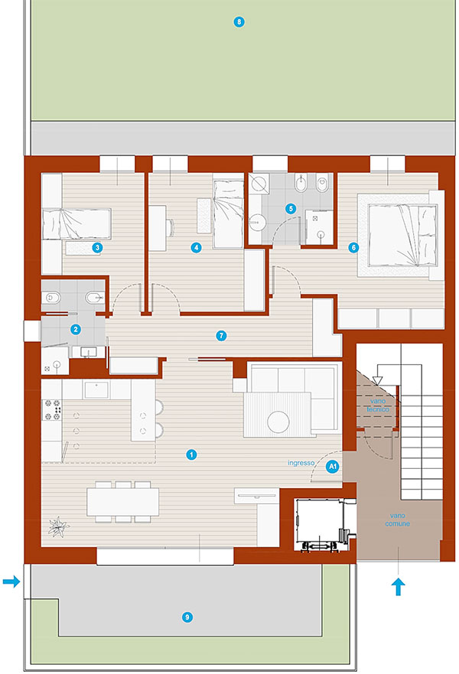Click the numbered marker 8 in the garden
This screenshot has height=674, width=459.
239,22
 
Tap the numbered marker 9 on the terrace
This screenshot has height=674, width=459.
187,617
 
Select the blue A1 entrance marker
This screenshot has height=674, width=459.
332,467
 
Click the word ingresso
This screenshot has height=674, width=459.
301,463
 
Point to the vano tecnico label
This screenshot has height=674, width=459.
378,405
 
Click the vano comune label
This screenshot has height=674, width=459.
397,519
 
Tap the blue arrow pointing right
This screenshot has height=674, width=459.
11,582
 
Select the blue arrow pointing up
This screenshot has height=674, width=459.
399,587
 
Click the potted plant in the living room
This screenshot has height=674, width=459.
58,526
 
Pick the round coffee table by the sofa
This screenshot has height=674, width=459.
278,422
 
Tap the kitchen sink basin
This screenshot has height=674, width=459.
96,389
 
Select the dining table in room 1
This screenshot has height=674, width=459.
123,502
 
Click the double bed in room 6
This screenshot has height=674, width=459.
401,235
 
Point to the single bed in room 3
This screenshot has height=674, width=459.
76,223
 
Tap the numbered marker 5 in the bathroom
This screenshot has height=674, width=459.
291,209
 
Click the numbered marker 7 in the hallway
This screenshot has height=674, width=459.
221,336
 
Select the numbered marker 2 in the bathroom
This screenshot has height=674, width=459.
76,330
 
